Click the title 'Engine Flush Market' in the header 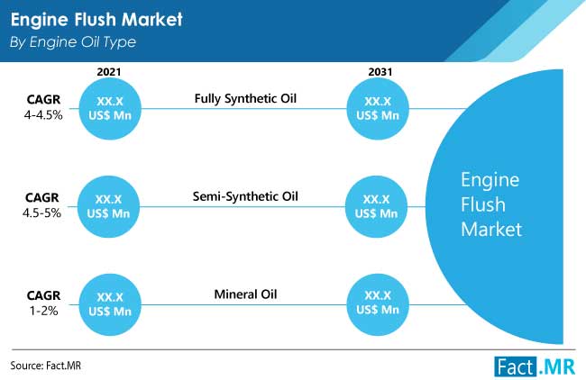coord(96,20)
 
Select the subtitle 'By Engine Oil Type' coord(73,42)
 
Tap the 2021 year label coord(109,72)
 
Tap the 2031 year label coord(380,72)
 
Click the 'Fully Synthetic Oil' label coord(245,98)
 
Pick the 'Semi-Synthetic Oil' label coord(245,196)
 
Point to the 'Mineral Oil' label coord(245,294)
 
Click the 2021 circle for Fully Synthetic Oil coord(110,109)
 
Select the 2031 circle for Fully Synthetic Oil coord(378,109)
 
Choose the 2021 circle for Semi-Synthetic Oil coord(108,206)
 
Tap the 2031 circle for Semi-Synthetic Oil coord(376,206)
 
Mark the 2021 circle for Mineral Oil coord(110,304)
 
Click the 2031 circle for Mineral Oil coord(378,304)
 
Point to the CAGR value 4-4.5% coord(43,115)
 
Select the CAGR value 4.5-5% coord(41,213)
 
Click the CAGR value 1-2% coord(44,311)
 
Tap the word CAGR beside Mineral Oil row coord(43,295)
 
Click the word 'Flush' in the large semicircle coord(483,204)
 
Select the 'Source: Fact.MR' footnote coord(46,366)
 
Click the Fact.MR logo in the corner coord(535,366)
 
